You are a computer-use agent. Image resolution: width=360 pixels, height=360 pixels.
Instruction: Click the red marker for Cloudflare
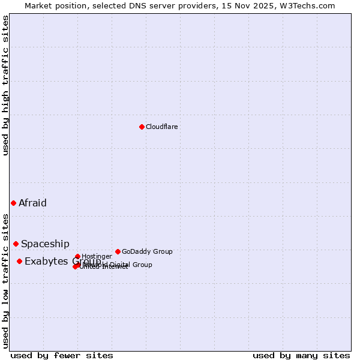[142, 127]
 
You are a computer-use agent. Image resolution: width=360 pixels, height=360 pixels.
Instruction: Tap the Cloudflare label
[161, 127]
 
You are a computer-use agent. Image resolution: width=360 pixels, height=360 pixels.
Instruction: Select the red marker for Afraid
[13, 203]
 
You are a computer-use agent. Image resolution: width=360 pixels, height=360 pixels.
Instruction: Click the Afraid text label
[32, 203]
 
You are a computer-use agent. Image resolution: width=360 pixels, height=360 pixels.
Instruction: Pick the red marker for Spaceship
[16, 244]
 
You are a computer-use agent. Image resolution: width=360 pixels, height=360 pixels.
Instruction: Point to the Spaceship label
[45, 244]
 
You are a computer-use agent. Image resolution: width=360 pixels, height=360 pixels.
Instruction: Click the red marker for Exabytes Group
[19, 261]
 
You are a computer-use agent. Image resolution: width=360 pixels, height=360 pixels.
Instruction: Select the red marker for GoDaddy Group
[118, 251]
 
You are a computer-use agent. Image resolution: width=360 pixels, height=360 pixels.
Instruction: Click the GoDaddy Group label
[147, 251]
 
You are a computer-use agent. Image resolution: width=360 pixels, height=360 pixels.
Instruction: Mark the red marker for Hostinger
[77, 256]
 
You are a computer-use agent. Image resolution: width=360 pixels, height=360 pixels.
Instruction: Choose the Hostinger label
[97, 256]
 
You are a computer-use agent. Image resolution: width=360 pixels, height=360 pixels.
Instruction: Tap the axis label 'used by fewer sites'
[62, 355]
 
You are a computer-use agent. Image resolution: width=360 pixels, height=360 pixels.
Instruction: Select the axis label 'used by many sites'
[301, 355]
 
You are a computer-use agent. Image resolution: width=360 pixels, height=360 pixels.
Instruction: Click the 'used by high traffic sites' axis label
[5, 85]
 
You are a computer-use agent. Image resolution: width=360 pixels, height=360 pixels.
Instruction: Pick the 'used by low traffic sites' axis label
[5, 280]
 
